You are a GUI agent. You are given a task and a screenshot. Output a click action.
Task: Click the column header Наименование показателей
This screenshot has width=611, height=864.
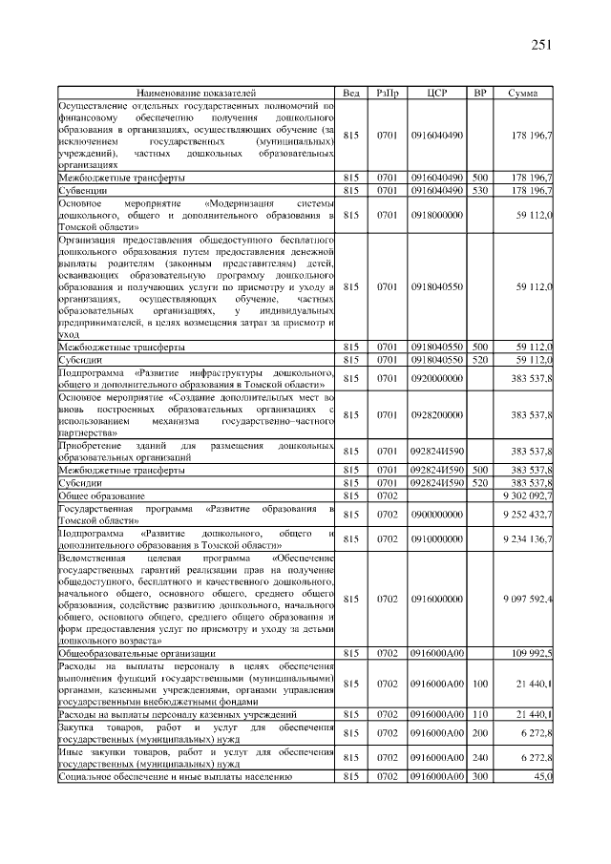[197, 94]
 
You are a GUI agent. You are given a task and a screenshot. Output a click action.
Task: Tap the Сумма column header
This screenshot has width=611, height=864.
[522, 94]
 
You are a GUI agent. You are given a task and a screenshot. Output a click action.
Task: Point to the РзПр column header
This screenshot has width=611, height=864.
[388, 94]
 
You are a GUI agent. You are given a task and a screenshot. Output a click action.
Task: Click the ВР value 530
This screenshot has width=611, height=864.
[480, 190]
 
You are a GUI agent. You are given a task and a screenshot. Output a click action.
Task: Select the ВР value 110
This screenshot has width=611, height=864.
[480, 714]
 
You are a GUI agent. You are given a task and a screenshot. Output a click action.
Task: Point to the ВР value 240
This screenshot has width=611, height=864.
[480, 759]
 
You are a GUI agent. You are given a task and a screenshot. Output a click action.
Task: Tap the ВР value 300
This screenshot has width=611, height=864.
[480, 777]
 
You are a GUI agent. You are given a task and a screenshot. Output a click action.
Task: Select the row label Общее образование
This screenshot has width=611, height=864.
[101, 496]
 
